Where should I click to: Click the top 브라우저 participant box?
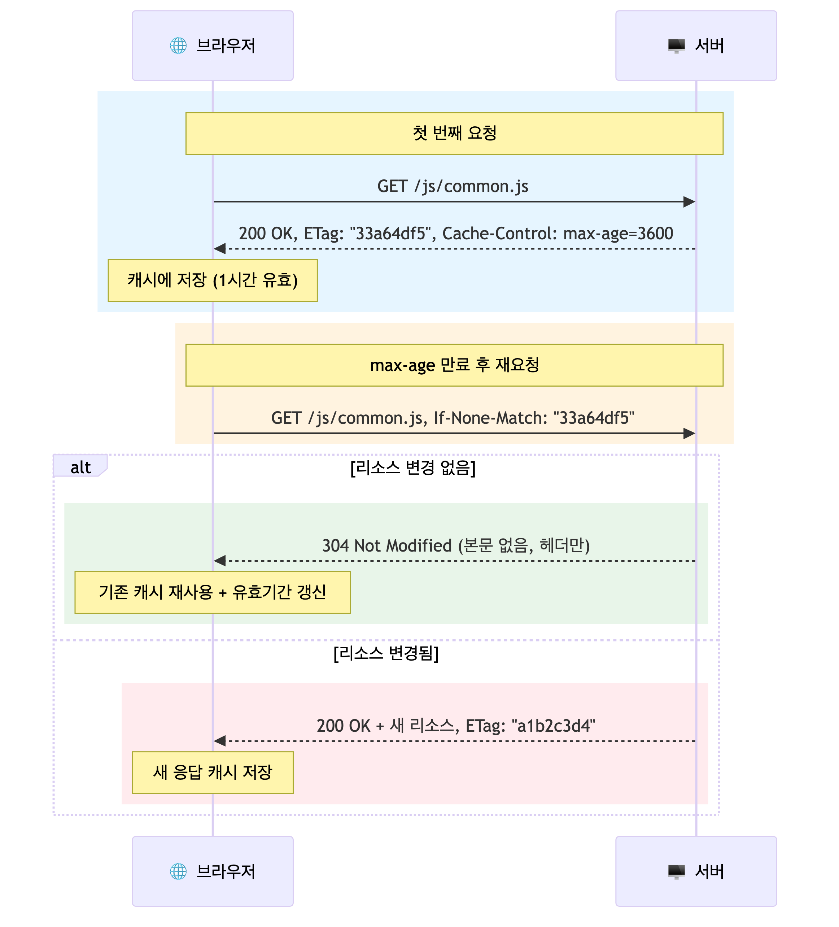[213, 45]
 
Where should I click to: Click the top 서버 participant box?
[696, 45]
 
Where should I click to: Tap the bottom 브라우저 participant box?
[213, 871]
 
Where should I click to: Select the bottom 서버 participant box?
[696, 871]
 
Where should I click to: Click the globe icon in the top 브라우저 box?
[178, 45]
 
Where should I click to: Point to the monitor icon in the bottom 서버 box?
[676, 871]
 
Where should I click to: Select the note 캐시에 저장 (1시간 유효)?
[213, 280]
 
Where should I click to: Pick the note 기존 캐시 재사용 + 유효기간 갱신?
[213, 592]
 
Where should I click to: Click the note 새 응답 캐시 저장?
[213, 772]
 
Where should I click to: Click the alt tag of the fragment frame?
[80, 467]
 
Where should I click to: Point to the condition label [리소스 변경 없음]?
[412, 468]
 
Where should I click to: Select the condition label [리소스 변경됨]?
[386, 653]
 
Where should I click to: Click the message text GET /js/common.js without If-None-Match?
[453, 186]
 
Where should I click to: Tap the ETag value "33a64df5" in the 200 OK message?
[391, 234]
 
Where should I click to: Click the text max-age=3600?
[618, 234]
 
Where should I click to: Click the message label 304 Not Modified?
[386, 546]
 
